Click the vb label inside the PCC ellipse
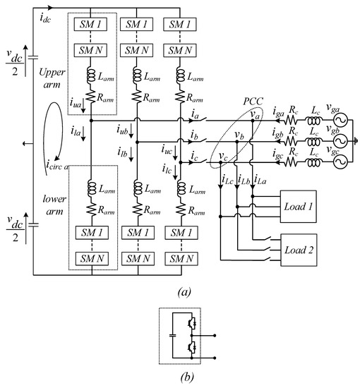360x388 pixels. [x=239, y=135]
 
